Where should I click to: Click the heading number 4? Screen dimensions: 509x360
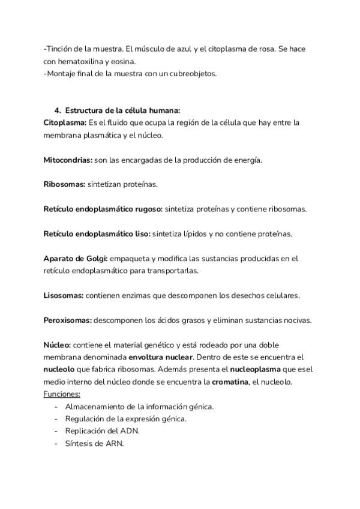[58, 110]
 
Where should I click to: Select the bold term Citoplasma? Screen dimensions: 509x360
[65, 122]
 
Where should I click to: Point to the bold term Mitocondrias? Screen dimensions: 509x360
[67, 160]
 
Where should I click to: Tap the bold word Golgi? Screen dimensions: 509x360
[96, 259]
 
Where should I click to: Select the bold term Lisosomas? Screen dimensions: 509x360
[64, 295]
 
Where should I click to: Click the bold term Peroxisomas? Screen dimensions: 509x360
[67, 320]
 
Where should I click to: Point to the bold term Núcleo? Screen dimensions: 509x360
[57, 345]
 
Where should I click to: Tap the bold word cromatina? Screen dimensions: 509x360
[230, 382]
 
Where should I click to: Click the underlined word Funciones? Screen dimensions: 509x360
[62, 394]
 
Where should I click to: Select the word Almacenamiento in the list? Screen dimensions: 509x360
[94, 406]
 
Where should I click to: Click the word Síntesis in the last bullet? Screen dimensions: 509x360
[79, 444]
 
